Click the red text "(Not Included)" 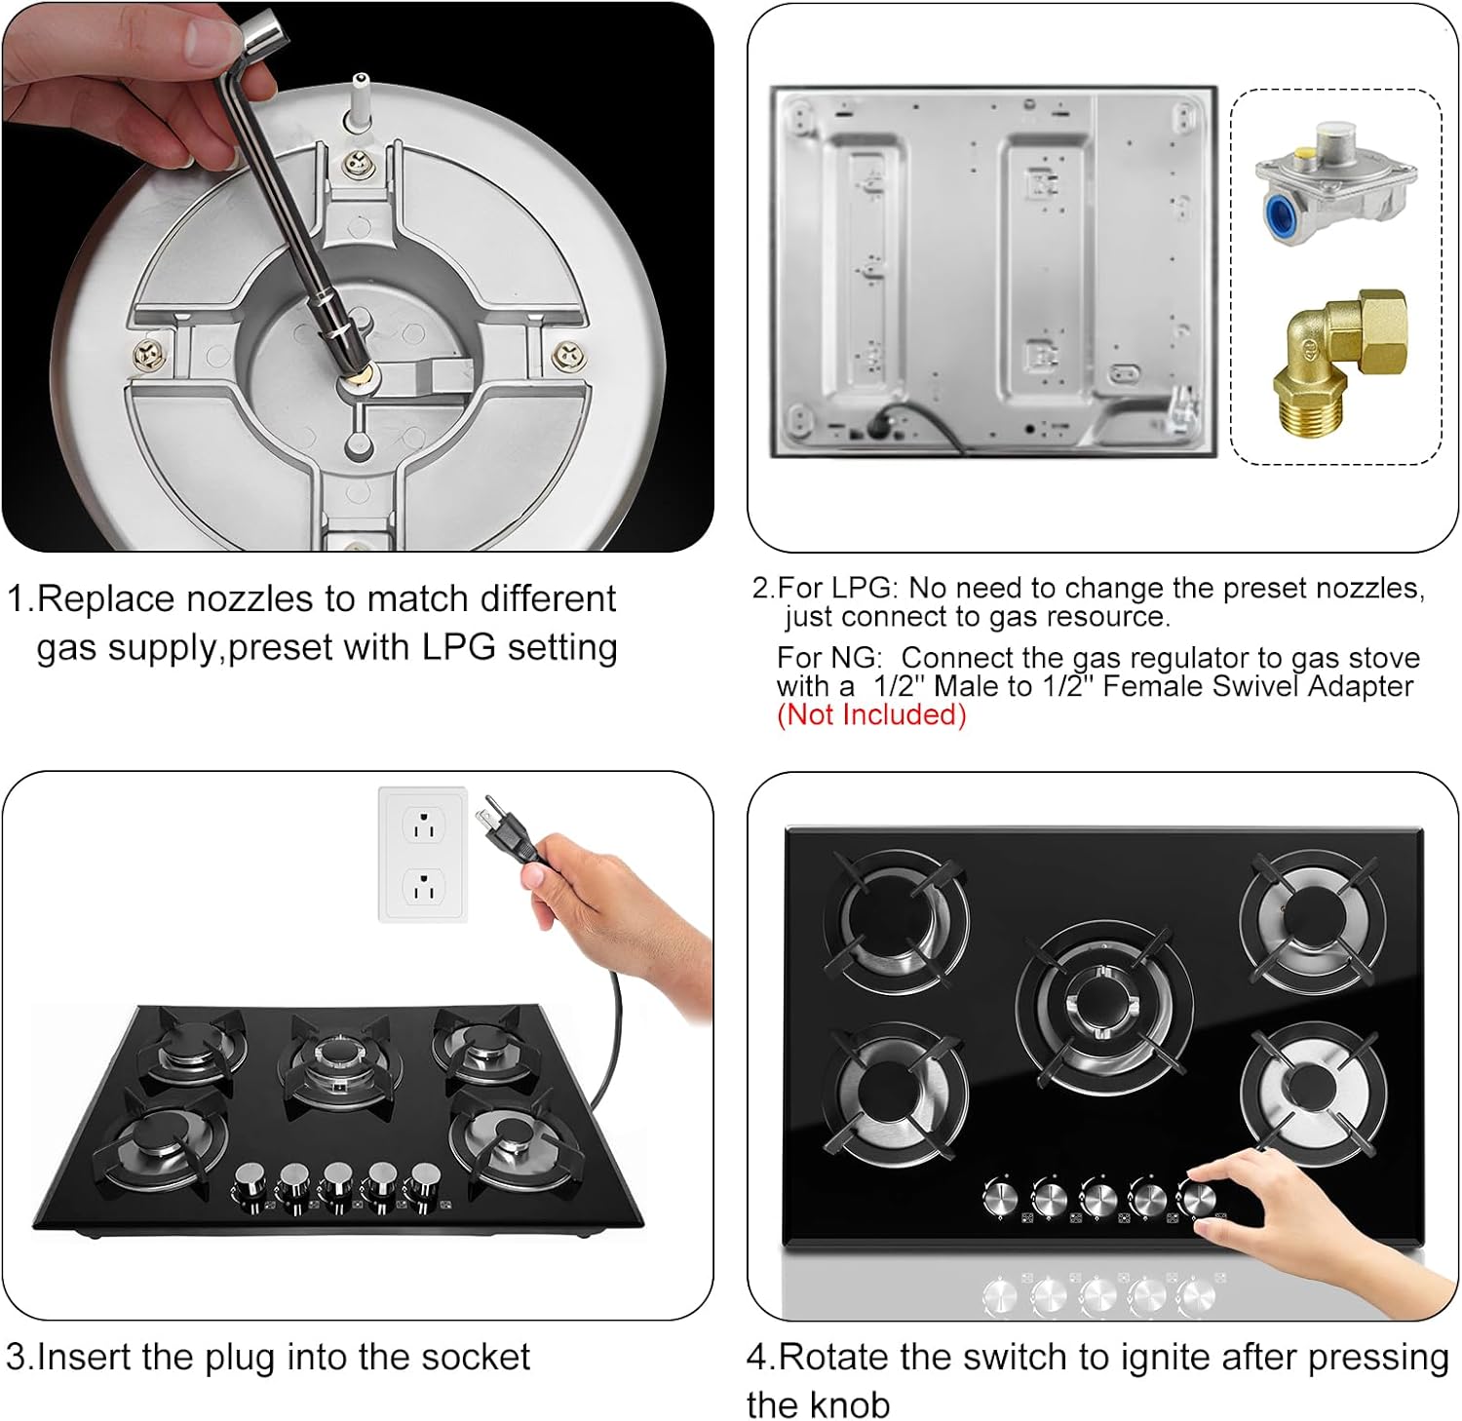coord(870,714)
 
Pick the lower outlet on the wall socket coord(423,888)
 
